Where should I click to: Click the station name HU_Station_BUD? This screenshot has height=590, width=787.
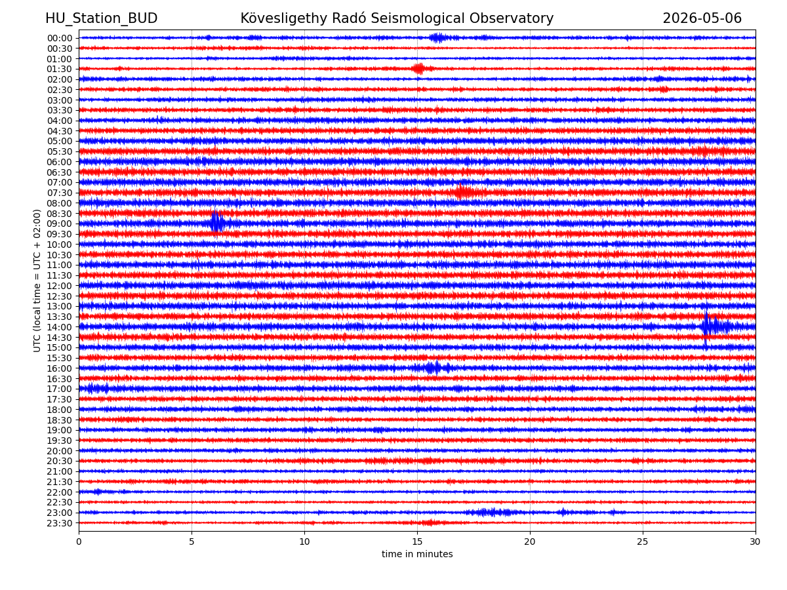(101, 18)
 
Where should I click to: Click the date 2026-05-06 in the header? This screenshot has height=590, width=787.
(702, 18)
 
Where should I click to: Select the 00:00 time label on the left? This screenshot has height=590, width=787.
(60, 38)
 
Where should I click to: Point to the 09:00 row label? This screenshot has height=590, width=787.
(60, 224)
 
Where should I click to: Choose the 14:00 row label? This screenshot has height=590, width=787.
(60, 327)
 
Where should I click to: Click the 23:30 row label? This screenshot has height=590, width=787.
(60, 523)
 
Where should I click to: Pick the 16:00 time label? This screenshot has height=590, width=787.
(60, 368)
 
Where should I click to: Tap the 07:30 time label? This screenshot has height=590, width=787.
(60, 193)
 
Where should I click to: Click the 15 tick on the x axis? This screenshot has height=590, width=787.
(417, 541)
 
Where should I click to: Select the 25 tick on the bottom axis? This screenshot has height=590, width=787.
(643, 541)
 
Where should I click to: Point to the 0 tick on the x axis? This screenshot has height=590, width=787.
(79, 541)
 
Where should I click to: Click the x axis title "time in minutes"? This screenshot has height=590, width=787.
(417, 554)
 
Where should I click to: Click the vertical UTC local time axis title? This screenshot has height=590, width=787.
(37, 281)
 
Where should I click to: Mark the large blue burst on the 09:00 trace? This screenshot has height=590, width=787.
(218, 223)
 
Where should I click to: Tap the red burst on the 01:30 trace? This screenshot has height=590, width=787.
(418, 68)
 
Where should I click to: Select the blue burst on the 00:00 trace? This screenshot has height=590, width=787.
(438, 37)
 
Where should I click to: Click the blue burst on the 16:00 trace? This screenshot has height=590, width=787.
(435, 368)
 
